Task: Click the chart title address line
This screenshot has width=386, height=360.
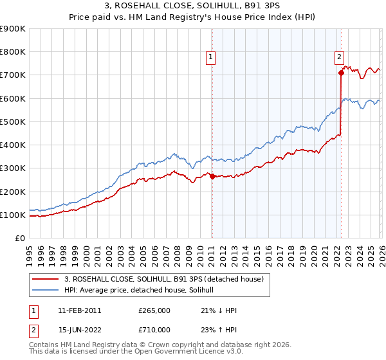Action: [x=192, y=7]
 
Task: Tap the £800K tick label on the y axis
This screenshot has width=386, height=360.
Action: [x=13, y=52]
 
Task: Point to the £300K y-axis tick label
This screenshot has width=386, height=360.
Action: [x=13, y=168]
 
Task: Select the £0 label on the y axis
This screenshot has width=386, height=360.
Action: [x=19, y=239]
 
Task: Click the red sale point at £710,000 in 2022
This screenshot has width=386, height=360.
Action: [x=341, y=73]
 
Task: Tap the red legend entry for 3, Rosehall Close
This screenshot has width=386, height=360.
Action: [x=164, y=279]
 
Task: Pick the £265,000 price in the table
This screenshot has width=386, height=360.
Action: [x=154, y=310]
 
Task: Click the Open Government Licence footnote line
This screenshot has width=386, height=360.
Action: [x=122, y=353]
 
